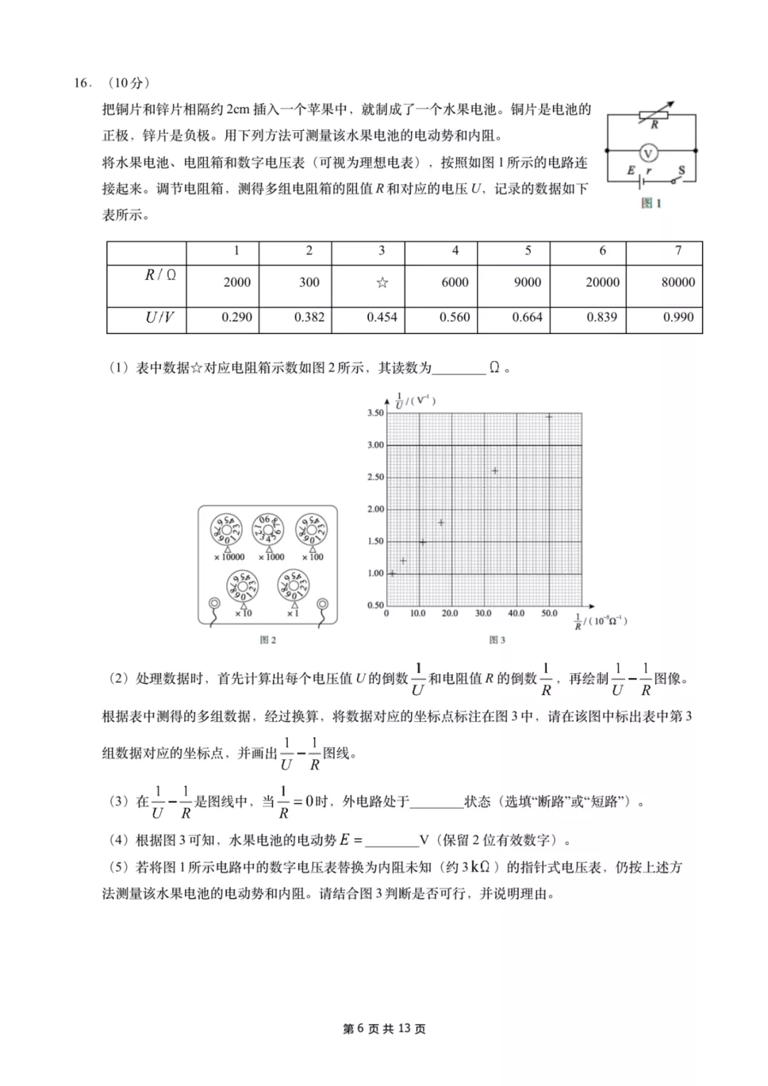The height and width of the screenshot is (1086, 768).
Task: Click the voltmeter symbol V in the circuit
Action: click(x=647, y=152)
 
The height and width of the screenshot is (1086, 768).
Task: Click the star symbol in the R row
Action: click(x=382, y=282)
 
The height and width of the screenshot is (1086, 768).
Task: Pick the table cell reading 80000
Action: click(x=678, y=282)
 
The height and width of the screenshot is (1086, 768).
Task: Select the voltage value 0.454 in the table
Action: click(x=382, y=317)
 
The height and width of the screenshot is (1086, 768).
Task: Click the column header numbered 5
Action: click(x=528, y=250)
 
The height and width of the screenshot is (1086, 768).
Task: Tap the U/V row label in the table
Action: click(x=159, y=317)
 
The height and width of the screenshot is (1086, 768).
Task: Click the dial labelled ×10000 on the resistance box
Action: click(x=226, y=529)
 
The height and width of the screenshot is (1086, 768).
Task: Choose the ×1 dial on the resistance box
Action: click(x=293, y=586)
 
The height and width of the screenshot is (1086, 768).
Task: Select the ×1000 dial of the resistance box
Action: click(x=269, y=529)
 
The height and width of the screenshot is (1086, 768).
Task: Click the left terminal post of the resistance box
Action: click(x=214, y=603)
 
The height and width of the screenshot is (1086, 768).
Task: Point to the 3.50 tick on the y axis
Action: click(x=375, y=413)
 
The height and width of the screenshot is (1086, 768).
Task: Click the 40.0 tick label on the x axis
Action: click(x=516, y=613)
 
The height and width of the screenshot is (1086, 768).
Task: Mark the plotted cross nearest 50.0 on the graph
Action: click(x=549, y=416)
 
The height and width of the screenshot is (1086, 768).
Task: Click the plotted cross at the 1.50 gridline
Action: click(x=422, y=542)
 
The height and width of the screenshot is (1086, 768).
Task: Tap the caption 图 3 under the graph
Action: click(x=497, y=640)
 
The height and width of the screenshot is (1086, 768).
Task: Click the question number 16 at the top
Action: click(x=82, y=83)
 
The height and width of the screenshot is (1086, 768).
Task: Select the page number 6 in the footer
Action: click(x=360, y=1028)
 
